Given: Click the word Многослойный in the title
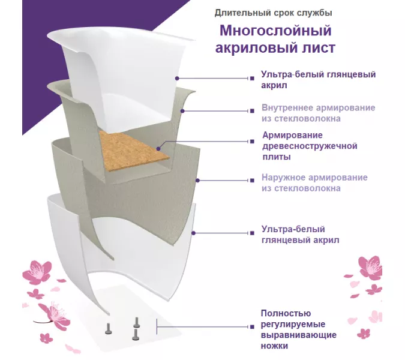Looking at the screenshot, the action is coord(275,31).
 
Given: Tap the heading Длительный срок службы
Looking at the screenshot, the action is coord(273,13).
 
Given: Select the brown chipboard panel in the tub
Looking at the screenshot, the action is coord(133,149).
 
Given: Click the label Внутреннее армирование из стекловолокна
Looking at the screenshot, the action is coord(318,113).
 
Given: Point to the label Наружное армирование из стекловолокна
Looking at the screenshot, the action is coord(314,183).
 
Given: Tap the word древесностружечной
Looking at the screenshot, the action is coord(310,146).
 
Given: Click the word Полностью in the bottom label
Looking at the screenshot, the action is coord(286,313).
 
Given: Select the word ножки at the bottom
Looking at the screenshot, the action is coord(274,346).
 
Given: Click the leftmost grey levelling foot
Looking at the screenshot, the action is coord(108,328).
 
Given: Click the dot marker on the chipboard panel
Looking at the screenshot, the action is coord(158,149).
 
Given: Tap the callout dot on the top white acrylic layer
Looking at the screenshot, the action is coord(177,78).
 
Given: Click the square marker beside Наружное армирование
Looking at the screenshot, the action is coord(252,181).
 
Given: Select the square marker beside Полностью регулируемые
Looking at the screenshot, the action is coord(252,327).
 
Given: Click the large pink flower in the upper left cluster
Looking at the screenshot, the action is coord(37,272).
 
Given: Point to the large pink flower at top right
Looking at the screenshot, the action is coord(370,268).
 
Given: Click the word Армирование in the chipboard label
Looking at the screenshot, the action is coord(292,136).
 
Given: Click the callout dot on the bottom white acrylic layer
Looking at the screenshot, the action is coord(193,233).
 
